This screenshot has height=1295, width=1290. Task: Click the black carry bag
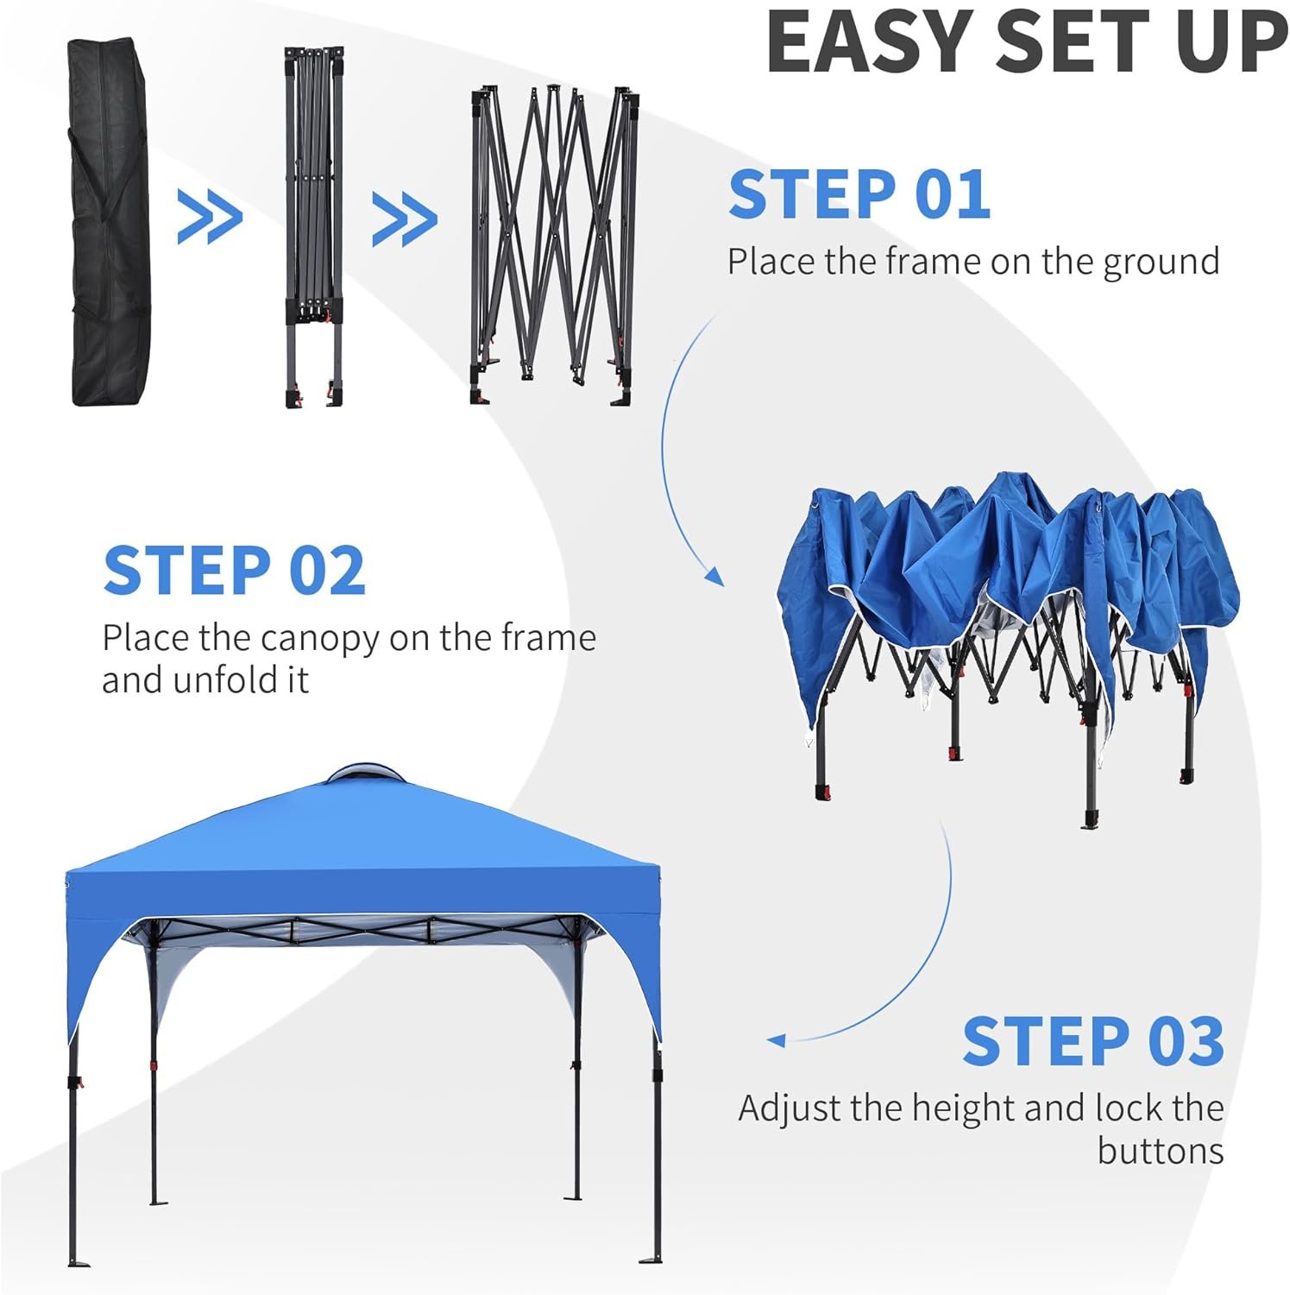(x=110, y=223)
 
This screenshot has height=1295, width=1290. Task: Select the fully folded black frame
(x=313, y=227)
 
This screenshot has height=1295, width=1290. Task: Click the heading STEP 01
(x=859, y=193)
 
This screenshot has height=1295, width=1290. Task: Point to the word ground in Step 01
(x=1161, y=262)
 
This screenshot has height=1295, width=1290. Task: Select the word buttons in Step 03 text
(x=1161, y=1151)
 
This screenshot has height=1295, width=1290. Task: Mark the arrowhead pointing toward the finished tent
(x=775, y=1040)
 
